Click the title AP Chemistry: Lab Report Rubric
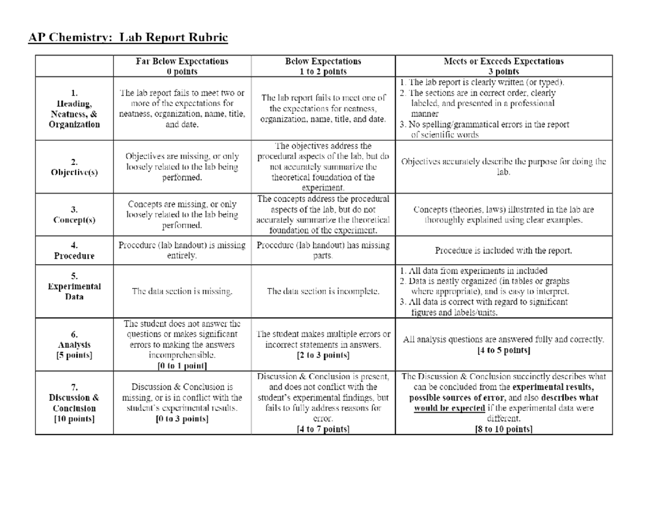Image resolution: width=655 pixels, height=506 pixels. [x=128, y=38]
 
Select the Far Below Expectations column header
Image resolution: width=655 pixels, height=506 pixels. [x=182, y=66]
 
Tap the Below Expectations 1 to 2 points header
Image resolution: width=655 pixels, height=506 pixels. [x=323, y=66]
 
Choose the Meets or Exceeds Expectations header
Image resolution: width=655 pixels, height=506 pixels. [x=504, y=66]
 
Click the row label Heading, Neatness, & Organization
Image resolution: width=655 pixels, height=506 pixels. [x=75, y=109]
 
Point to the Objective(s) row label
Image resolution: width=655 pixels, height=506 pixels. [x=75, y=167]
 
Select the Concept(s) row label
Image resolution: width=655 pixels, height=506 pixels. [x=75, y=215]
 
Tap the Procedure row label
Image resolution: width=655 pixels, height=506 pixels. [x=75, y=251]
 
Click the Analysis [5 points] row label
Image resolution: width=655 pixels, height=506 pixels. [x=75, y=345]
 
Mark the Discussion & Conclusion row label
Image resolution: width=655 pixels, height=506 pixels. [x=75, y=403]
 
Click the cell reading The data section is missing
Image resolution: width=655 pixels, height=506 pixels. [x=182, y=291]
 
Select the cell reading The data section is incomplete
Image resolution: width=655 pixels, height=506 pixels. [x=323, y=291]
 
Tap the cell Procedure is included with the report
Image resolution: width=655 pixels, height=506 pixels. [x=504, y=251]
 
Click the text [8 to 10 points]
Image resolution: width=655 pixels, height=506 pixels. [x=503, y=429]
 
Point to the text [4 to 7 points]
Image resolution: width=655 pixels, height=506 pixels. [x=323, y=429]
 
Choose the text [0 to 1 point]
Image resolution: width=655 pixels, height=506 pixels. [x=182, y=365]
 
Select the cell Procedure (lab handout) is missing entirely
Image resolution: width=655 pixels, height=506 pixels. [x=182, y=251]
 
